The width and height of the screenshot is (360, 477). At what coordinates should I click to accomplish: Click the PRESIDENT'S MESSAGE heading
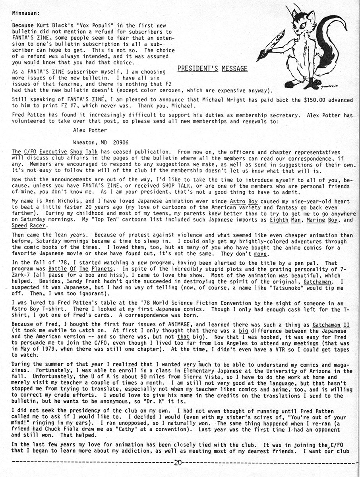(x=212, y=69)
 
